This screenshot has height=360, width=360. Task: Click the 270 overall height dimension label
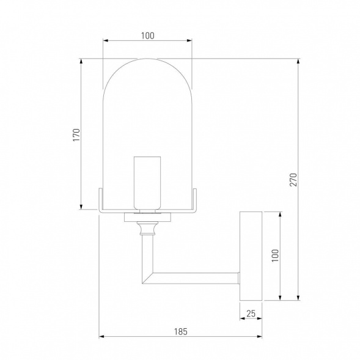tap(293, 180)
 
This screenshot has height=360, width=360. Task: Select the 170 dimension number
tap(76, 134)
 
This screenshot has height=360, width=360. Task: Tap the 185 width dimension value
tap(180, 331)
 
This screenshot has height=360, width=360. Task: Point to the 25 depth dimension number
tap(251, 313)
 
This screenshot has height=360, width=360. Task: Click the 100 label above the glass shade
tap(147, 35)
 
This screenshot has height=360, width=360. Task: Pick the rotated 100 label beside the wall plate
tap(275, 256)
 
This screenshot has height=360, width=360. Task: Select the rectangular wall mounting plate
tap(251, 255)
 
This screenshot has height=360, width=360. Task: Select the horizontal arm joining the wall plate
tap(196, 277)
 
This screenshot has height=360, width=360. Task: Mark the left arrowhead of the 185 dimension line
tap(101, 337)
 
